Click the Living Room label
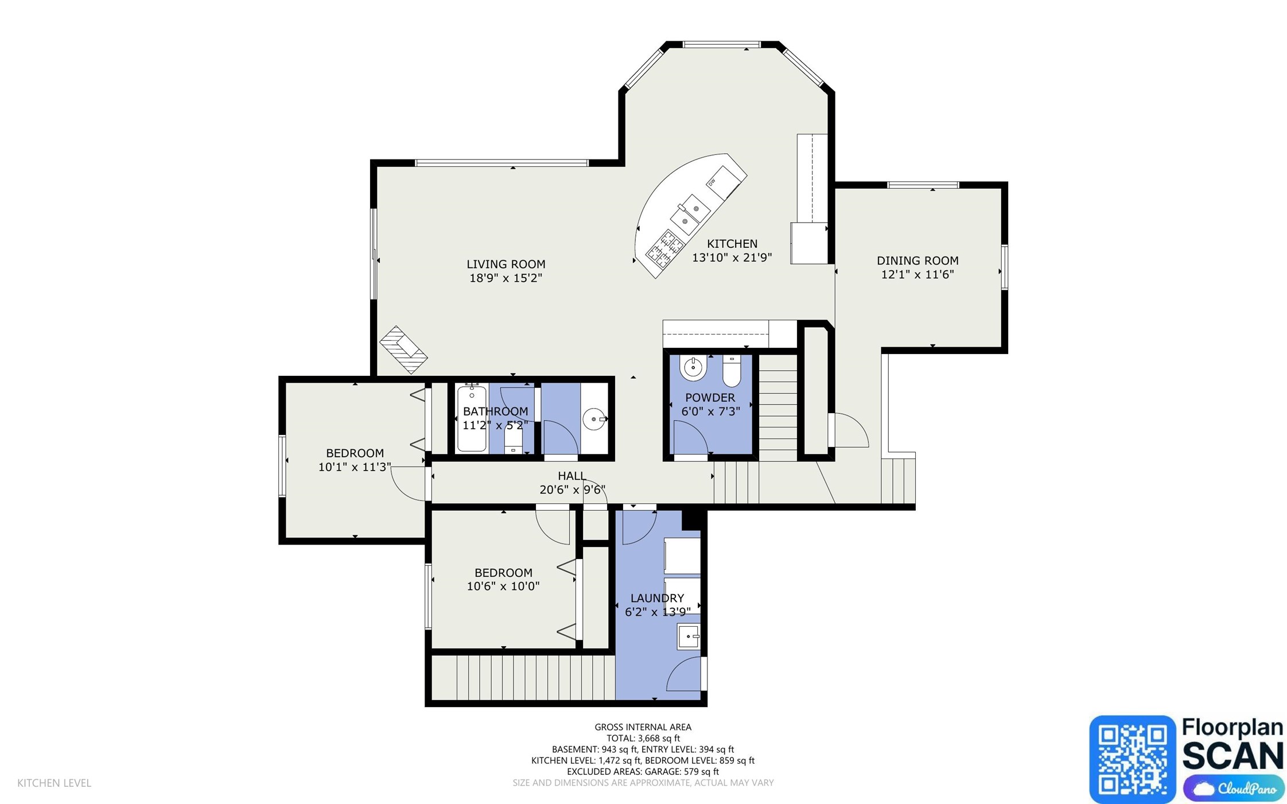click(506, 264)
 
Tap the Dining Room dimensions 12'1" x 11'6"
click(917, 274)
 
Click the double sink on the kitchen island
click(690, 213)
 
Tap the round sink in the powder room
click(693, 368)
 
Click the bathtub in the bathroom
click(472, 418)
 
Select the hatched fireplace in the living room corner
click(403, 349)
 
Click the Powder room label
click(710, 397)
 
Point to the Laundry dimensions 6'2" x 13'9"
click(658, 612)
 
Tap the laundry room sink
click(689, 636)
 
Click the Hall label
click(571, 476)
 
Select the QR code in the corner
click(1132, 759)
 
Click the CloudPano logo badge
click(1234, 789)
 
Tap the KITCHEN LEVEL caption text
click(55, 783)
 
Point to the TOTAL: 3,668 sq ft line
click(643, 738)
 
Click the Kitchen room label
click(732, 244)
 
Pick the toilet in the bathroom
click(513, 441)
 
